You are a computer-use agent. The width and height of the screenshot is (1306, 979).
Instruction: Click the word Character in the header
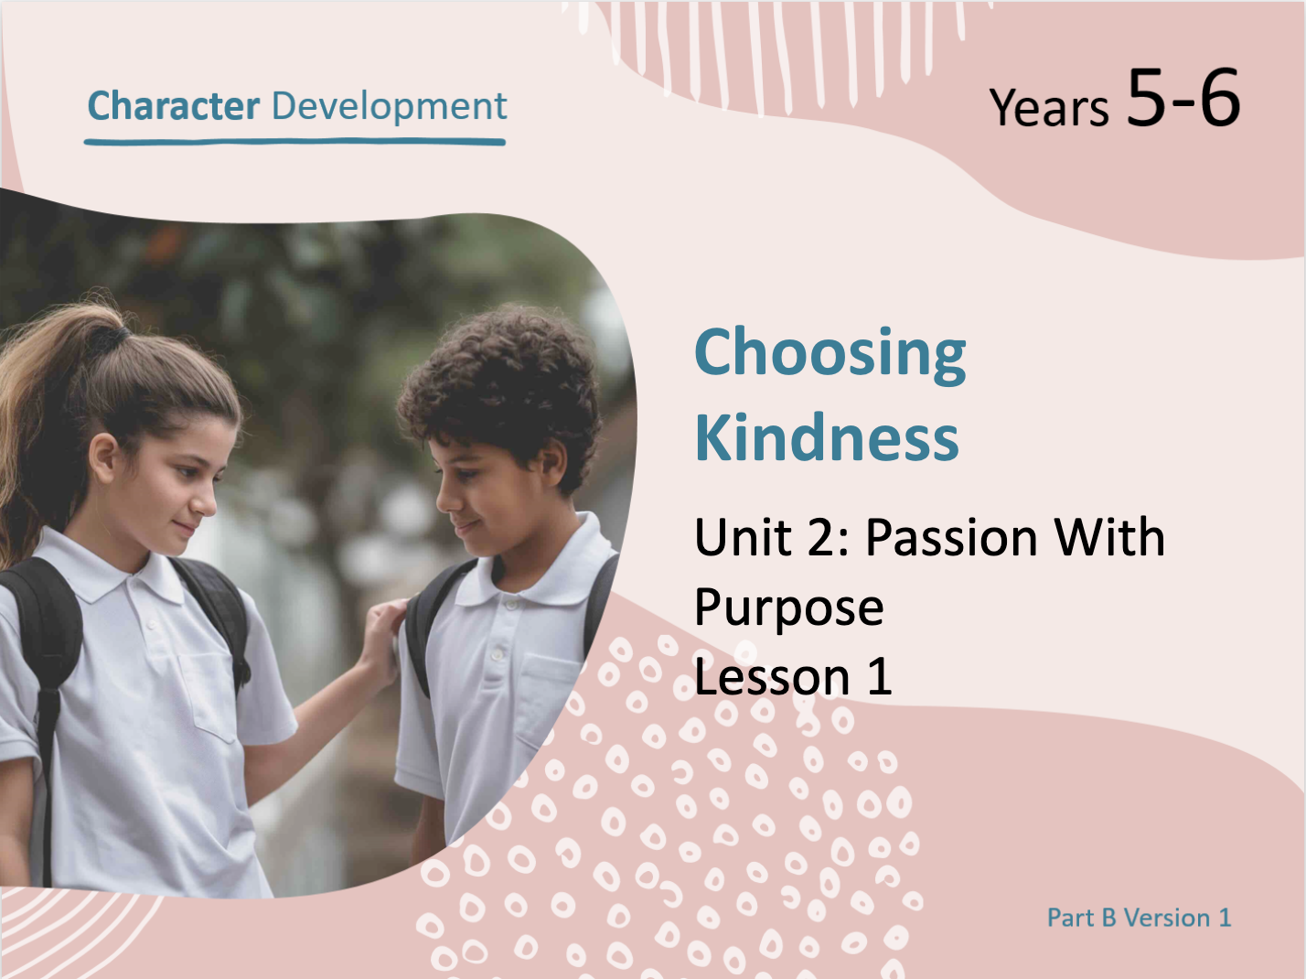pyautogui.click(x=173, y=106)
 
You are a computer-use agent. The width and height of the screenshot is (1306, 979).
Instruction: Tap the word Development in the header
pyautogui.click(x=389, y=107)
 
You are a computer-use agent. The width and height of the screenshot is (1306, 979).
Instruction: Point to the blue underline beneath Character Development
pyautogui.click(x=294, y=142)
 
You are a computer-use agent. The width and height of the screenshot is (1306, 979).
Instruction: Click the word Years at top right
pyautogui.click(x=1049, y=107)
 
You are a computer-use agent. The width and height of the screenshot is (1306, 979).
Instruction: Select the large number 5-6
pyautogui.click(x=1183, y=97)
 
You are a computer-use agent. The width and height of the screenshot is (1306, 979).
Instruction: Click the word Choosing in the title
pyautogui.click(x=830, y=355)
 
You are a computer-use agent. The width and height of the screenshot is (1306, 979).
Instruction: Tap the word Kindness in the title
pyautogui.click(x=827, y=437)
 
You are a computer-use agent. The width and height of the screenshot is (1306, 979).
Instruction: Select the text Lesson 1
pyautogui.click(x=793, y=677)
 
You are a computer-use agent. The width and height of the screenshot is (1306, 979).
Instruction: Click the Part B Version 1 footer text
pyautogui.click(x=1139, y=918)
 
